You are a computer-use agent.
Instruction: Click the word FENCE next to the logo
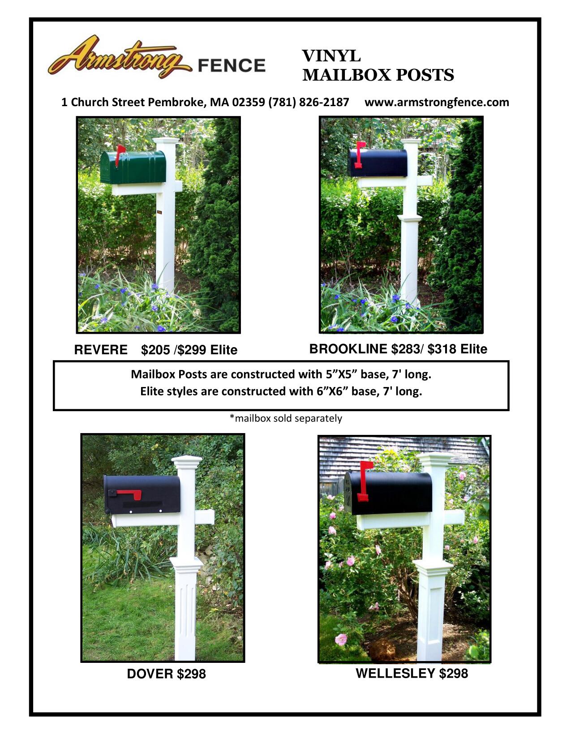pos(232,65)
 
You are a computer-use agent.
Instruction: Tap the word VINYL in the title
pos(331,56)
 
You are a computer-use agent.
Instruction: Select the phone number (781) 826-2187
pos(309,102)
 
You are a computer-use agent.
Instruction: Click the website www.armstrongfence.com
pos(437,102)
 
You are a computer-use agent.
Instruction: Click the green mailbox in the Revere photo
pos(133,167)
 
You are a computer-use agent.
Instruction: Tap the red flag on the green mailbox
pos(120,154)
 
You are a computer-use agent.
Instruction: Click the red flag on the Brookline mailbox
pos(360,154)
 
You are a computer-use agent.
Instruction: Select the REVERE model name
pos(101,350)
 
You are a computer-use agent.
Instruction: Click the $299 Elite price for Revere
pos(207,350)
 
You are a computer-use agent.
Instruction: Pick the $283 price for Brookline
pos(405,349)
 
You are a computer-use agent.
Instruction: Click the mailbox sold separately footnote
pos(286,418)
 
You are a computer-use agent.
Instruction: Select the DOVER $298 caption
pos(166,674)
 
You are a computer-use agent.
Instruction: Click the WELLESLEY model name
pos(395,673)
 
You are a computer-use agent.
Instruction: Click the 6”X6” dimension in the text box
pos(333,391)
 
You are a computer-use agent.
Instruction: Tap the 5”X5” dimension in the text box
pos(342,374)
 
